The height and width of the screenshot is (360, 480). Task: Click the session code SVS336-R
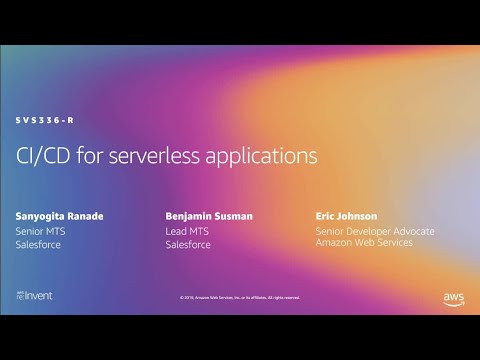tap(44, 120)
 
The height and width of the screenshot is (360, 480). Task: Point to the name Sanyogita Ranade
tap(61, 216)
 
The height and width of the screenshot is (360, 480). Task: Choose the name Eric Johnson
tap(346, 216)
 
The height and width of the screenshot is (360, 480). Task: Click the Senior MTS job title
tap(40, 231)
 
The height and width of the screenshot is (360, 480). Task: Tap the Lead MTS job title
tap(186, 231)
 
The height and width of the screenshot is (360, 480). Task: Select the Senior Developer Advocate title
tap(375, 231)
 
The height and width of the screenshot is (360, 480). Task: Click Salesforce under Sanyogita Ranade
tap(39, 245)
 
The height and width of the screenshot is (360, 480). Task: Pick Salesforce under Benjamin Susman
tap(188, 245)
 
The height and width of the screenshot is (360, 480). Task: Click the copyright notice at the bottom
tap(239, 297)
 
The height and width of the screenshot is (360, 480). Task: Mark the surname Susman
tap(231, 216)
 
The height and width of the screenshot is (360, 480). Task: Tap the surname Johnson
tap(357, 216)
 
